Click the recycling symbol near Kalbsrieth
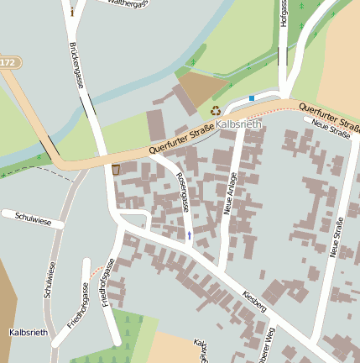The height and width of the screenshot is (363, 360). (216, 110)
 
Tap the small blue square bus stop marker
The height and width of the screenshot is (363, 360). (252, 98)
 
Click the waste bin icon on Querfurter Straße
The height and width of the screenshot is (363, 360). (116, 170)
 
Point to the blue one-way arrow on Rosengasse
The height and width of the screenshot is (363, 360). (190, 235)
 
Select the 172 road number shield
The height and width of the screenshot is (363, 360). (8, 63)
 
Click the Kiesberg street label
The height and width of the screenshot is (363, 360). (253, 302)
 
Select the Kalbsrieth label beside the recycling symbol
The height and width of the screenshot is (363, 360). (239, 124)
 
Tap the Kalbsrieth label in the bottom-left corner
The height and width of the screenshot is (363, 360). (27, 333)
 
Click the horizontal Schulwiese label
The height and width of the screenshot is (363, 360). (34, 219)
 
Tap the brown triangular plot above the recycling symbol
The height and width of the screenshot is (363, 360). (200, 87)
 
